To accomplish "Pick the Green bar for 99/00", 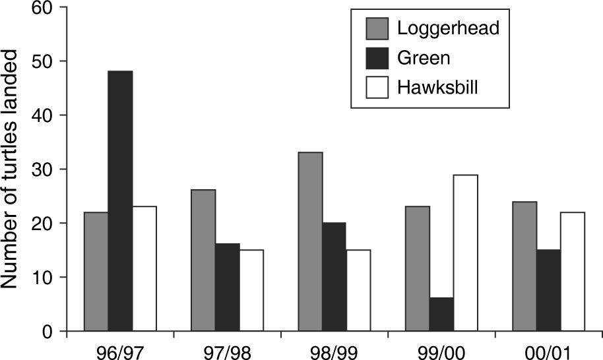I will click(441, 314).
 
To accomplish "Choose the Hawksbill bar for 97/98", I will click(251, 290).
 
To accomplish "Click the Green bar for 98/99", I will click(334, 276).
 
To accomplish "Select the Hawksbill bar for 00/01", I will click(573, 271).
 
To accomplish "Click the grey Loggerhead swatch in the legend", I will click(377, 29).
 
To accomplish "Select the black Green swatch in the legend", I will click(377, 58).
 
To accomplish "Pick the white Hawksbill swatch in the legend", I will click(377, 87).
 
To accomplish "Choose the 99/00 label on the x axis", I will click(441, 350).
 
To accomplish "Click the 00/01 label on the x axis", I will click(549, 350).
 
